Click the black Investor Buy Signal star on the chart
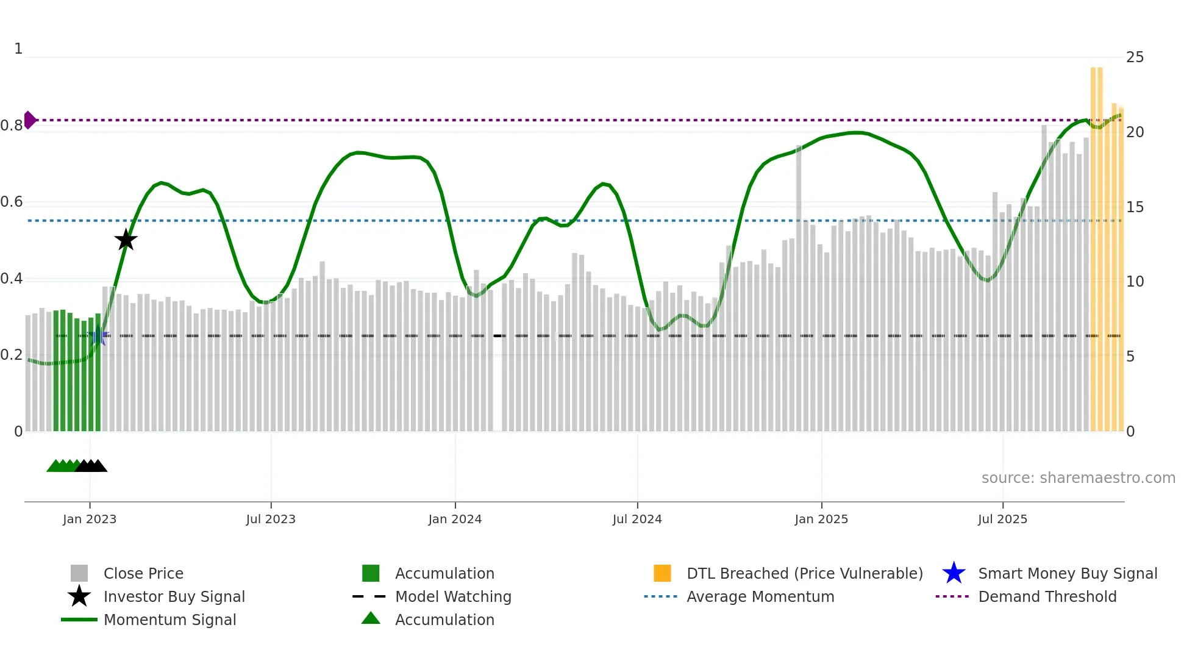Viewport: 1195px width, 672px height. pos(126,240)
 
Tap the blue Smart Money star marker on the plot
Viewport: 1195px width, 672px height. pos(98,335)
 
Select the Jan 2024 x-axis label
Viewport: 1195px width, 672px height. pos(455,519)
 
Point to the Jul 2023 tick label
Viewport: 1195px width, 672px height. pos(271,519)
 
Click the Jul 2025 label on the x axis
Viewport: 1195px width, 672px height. pos(1002,519)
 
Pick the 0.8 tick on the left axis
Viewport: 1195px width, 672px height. pos(12,126)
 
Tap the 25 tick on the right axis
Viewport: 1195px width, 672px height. pos(1135,57)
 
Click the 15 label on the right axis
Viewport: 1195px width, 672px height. pos(1135,207)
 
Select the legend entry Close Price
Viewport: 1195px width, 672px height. pos(143,573)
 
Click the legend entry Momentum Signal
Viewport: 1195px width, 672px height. pos(169,620)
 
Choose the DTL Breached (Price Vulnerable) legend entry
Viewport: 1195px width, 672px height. pos(804,573)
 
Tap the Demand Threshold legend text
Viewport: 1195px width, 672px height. pos(1047,596)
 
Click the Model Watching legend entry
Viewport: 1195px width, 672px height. pos(453,596)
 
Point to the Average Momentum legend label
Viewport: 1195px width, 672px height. pos(760,596)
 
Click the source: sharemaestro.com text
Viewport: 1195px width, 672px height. pos(1078,477)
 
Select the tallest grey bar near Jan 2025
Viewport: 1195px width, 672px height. pos(799,287)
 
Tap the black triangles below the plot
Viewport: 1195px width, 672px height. pos(91,466)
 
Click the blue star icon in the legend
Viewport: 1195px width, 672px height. pos(954,573)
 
